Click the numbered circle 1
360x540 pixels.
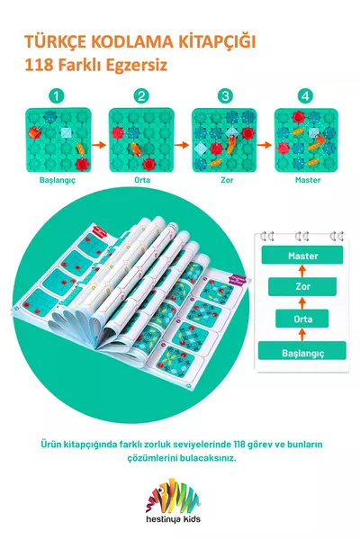[57, 96]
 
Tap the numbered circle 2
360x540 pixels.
[141, 96]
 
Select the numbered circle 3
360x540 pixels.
[225, 96]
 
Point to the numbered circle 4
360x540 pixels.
[306, 96]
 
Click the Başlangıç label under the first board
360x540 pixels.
[58, 180]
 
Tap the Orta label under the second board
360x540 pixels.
[142, 180]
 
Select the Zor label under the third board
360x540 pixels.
[227, 180]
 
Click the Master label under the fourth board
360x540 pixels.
[308, 180]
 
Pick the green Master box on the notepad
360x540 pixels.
[302, 256]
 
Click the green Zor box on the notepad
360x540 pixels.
[302, 286]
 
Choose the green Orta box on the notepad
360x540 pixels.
[302, 319]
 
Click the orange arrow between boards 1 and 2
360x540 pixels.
[100, 145]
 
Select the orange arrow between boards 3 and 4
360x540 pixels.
[265, 145]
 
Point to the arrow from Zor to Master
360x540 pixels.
[302, 271]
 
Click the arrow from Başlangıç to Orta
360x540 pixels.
[302, 335]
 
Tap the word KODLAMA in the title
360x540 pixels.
[130, 42]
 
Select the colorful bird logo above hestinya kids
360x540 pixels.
[174, 495]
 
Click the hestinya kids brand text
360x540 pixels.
[174, 519]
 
